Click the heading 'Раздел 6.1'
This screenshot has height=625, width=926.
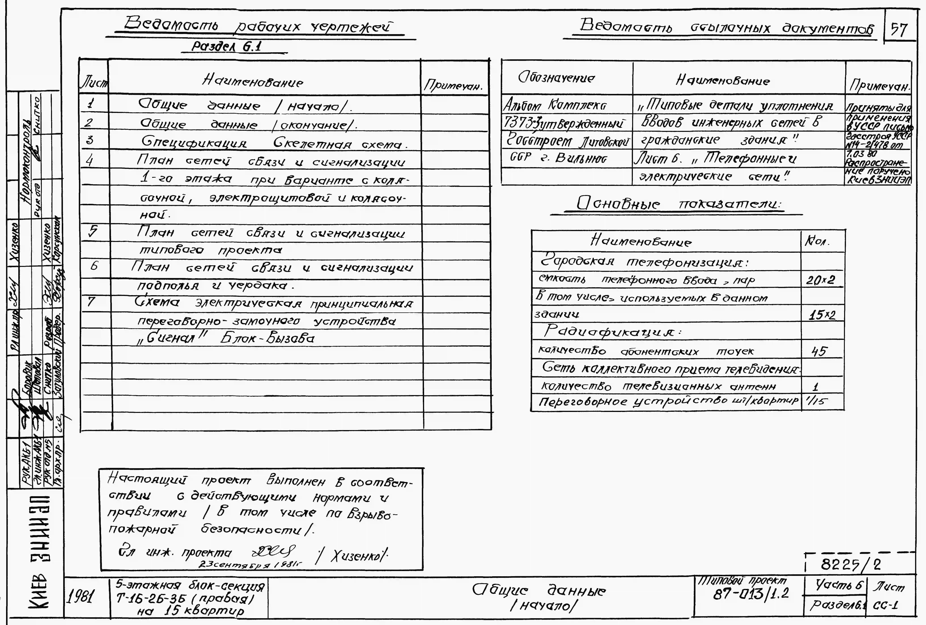click(226, 47)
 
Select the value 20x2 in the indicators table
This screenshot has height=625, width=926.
click(820, 280)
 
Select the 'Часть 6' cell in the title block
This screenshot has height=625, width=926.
click(839, 585)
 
